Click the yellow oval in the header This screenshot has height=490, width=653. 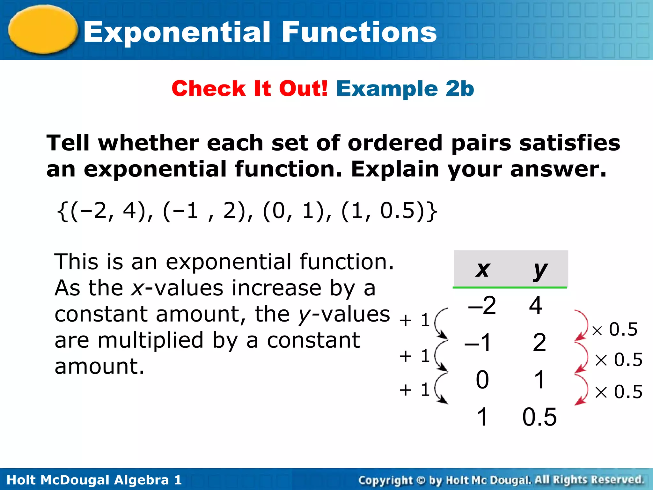point(43,29)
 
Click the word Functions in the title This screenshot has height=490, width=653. point(359,32)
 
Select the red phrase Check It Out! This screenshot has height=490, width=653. point(250,88)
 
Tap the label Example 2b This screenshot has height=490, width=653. point(405,88)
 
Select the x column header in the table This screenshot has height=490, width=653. point(482,270)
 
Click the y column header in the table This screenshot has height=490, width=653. point(540,270)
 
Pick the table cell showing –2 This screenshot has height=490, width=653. point(482,305)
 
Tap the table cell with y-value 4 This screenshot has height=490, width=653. point(536,305)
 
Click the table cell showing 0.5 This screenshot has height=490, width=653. point(539,417)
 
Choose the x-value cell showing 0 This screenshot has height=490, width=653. point(482,380)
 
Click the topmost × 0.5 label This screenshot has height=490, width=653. point(615,330)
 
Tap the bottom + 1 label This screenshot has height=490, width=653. point(415,390)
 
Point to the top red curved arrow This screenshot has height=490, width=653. point(582,325)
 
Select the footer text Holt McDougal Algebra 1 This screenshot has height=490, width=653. point(94,480)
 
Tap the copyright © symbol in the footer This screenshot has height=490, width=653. point(421,480)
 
